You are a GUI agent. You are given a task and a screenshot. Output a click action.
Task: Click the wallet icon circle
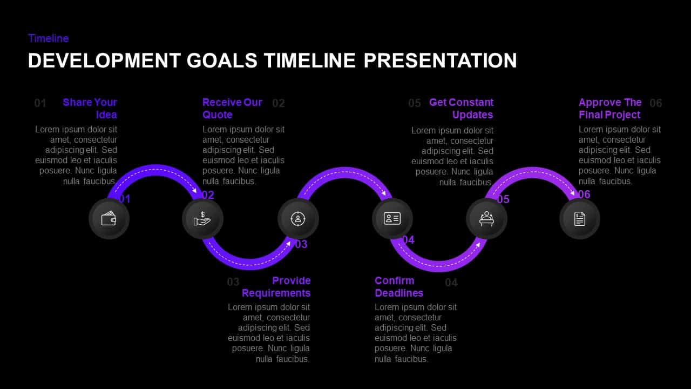click(109, 219)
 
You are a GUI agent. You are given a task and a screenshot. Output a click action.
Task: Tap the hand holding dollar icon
click(202, 219)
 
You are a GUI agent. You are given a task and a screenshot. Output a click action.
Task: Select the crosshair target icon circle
click(298, 219)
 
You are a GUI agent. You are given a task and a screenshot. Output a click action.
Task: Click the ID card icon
click(392, 219)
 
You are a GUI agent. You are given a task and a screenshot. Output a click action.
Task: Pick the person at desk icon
click(486, 219)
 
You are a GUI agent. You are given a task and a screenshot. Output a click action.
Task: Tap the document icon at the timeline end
click(580, 219)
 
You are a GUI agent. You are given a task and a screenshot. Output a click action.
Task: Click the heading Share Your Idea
click(90, 108)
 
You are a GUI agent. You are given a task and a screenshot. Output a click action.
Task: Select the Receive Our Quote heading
click(232, 108)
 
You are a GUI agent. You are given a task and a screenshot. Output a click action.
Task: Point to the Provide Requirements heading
click(276, 286)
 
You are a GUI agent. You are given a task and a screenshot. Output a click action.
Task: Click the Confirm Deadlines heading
click(399, 286)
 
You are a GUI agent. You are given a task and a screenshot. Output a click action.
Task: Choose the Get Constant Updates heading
click(462, 108)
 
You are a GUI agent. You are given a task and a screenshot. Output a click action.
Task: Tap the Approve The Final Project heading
click(610, 108)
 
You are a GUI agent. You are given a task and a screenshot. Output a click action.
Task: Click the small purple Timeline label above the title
click(49, 38)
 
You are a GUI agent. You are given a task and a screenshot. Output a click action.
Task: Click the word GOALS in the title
click(222, 61)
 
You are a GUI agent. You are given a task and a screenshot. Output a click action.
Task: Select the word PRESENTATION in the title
click(440, 61)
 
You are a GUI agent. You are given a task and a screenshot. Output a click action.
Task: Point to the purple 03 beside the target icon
click(301, 244)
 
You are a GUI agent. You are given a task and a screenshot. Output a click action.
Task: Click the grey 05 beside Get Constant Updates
click(415, 103)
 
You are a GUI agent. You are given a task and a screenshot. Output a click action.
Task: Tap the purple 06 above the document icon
click(584, 194)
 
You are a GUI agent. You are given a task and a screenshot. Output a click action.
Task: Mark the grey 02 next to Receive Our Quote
click(278, 103)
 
